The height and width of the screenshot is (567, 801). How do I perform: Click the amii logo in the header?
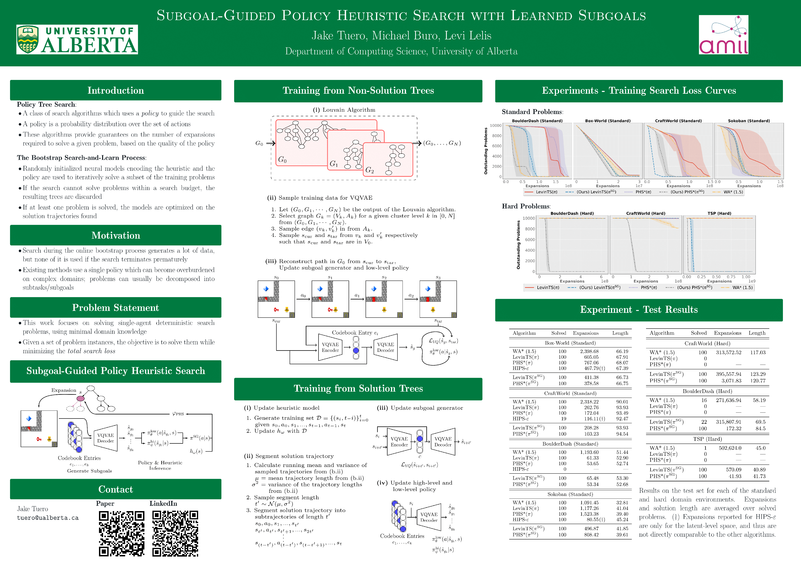point(723,35)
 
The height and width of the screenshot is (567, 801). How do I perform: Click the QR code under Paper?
point(121,534)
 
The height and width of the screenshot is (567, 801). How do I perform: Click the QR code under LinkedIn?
point(175,534)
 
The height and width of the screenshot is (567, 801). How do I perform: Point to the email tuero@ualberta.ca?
point(48,518)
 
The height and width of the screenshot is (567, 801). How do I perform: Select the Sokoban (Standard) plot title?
point(749,121)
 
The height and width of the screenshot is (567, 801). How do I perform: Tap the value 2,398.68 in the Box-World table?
point(589,351)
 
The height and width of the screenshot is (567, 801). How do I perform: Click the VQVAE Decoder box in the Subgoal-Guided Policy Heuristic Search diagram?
point(105,438)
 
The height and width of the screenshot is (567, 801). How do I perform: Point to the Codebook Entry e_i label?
point(355,333)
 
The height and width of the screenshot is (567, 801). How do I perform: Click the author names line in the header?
point(401,36)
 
